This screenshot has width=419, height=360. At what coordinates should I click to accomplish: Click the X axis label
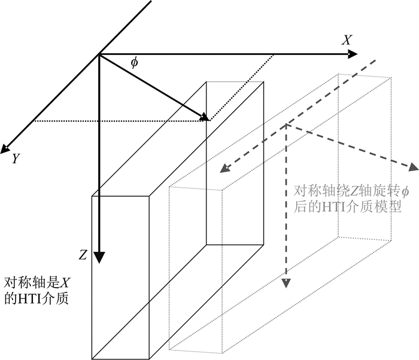pos(347,40)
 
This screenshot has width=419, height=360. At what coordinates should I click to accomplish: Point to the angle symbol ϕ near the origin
pos(134,61)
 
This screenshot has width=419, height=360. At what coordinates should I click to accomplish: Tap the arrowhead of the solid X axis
pos(353,54)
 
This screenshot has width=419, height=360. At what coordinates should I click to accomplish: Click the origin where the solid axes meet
pos(99,54)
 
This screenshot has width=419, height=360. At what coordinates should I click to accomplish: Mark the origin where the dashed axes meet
pos(287,124)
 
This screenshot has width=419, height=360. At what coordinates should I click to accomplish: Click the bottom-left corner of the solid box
pos(92,359)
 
